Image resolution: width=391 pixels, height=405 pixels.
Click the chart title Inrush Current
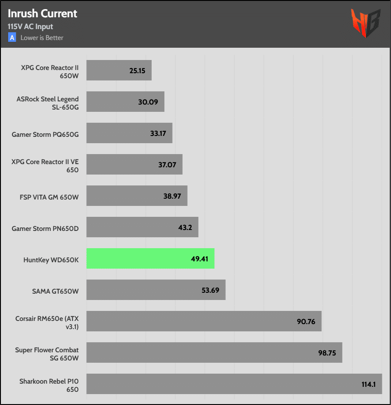tap(43, 13)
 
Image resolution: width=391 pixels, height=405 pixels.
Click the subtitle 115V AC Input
tap(30, 27)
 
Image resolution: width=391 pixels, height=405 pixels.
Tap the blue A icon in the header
tap(12, 38)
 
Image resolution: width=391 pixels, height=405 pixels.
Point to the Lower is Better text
tap(42, 38)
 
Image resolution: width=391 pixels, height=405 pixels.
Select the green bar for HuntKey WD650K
tap(150, 259)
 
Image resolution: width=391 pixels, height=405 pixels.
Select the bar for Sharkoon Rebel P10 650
tap(234, 384)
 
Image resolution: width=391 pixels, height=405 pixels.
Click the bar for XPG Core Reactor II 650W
tap(119, 70)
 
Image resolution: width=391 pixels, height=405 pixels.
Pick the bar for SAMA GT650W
tap(156, 290)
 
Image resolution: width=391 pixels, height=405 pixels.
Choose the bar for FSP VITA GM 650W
tap(137, 196)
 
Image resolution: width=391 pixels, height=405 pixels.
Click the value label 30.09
tap(148, 102)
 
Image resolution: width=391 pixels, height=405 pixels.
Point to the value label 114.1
tap(368, 384)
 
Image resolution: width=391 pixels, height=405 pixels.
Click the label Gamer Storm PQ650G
tap(45, 134)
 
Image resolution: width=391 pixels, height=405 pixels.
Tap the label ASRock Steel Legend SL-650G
tap(47, 103)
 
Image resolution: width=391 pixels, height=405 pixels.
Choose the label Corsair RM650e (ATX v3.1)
tap(47, 322)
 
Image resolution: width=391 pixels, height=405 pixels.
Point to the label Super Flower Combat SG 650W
tap(47, 354)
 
